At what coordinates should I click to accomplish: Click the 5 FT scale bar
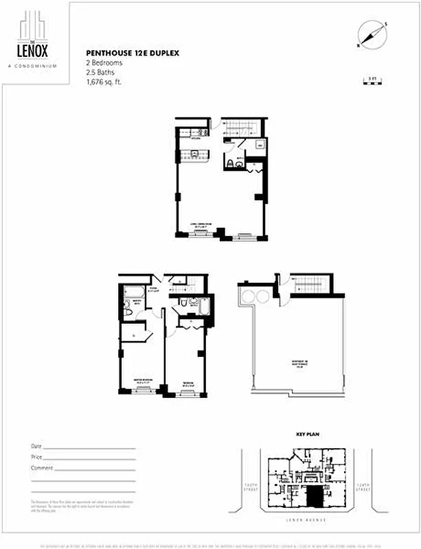point(373,82)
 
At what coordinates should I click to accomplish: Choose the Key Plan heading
point(304,435)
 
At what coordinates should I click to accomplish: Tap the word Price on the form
point(36,457)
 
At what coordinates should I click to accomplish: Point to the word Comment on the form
point(41,468)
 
